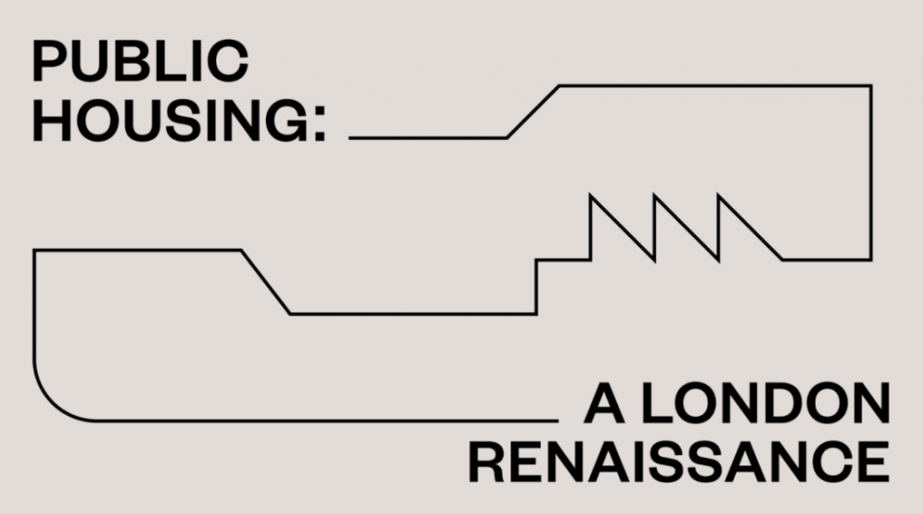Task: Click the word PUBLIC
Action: [x=140, y=60]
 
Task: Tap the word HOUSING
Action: [x=170, y=120]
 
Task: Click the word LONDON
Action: [x=764, y=403]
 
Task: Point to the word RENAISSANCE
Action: [x=679, y=462]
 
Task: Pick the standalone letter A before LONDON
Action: [x=604, y=403]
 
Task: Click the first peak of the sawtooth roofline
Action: [x=590, y=195]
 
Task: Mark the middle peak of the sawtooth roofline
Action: [x=654, y=195]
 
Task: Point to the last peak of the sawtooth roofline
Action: [x=718, y=195]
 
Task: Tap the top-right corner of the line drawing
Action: [x=871, y=86]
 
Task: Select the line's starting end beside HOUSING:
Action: [x=350, y=138]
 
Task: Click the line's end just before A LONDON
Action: [x=557, y=420]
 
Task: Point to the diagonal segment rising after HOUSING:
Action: [x=533, y=112]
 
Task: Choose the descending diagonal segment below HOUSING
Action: [x=266, y=282]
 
